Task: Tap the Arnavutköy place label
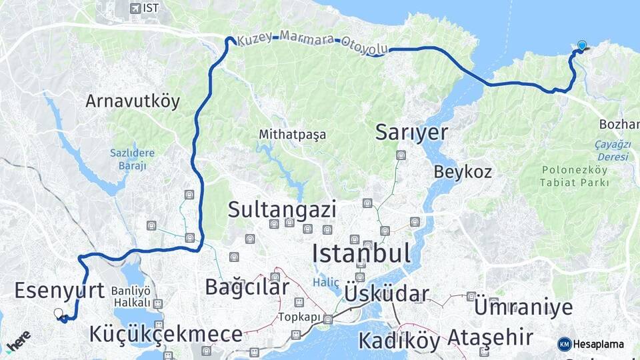click(133, 101)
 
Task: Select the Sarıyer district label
click(411, 132)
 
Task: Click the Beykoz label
click(463, 171)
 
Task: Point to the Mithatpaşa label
click(293, 135)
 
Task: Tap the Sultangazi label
click(281, 209)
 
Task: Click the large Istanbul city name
click(361, 253)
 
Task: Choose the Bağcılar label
click(247, 287)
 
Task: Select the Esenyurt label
click(59, 291)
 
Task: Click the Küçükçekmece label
click(166, 335)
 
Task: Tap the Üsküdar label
click(387, 294)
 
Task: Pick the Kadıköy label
click(399, 340)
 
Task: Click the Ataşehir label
click(491, 337)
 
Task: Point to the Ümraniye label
click(523, 307)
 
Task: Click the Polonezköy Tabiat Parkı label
click(575, 176)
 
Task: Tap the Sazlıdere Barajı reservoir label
click(132, 159)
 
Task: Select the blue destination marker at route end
click(582, 45)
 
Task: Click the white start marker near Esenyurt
click(59, 313)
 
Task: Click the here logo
click(19, 340)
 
